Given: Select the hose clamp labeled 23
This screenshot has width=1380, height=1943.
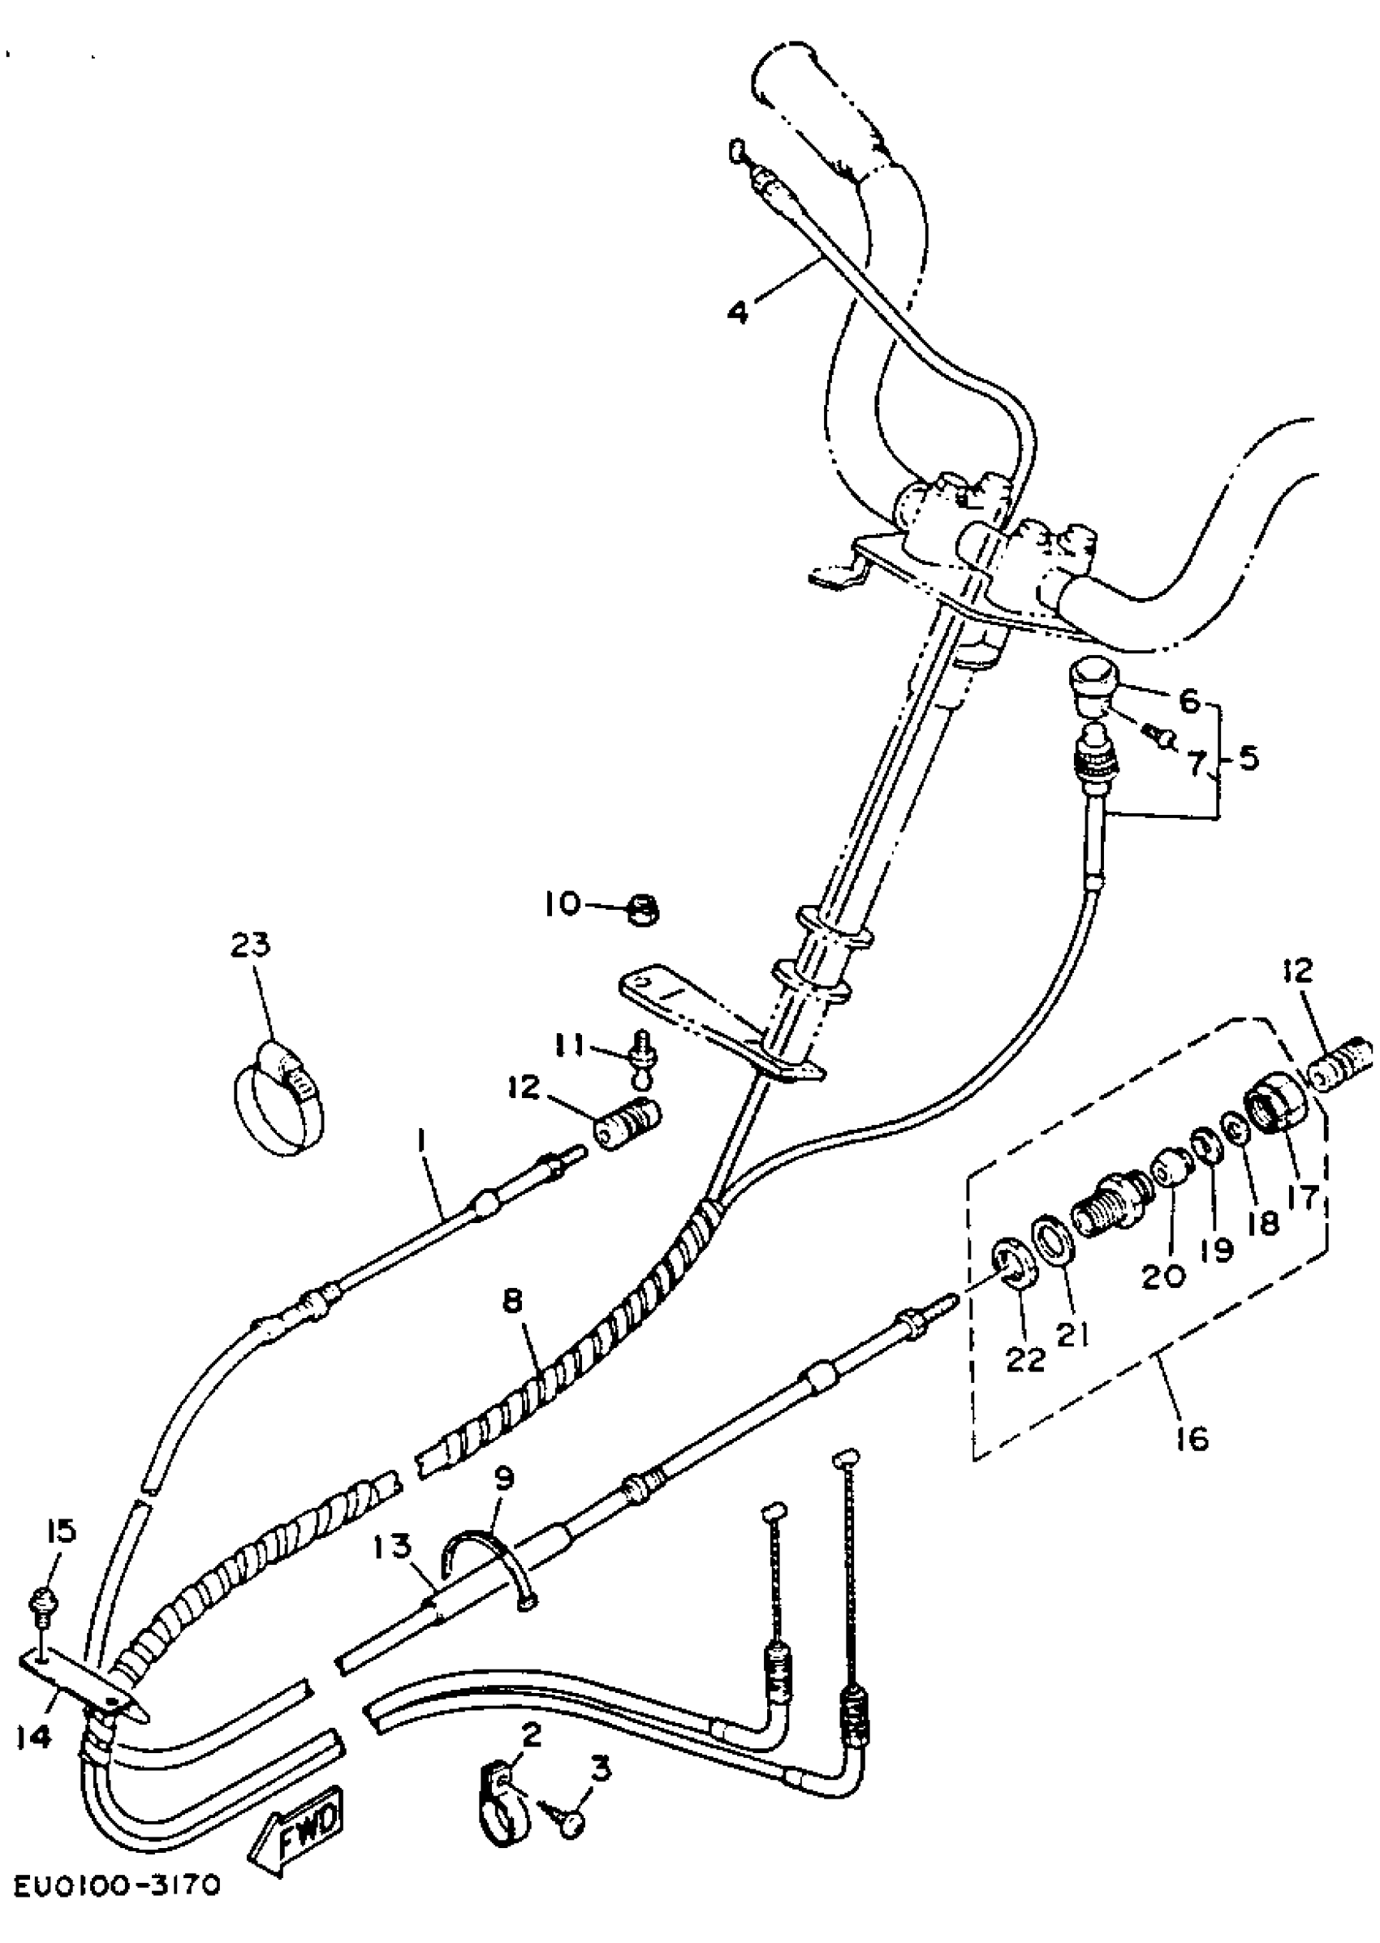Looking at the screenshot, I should (x=278, y=1096).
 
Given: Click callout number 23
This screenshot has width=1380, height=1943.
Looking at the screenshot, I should (x=249, y=945).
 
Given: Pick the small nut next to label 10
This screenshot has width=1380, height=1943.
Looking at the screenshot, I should (x=643, y=910).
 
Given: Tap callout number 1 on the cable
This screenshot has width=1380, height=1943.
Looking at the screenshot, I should (x=422, y=1157).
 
